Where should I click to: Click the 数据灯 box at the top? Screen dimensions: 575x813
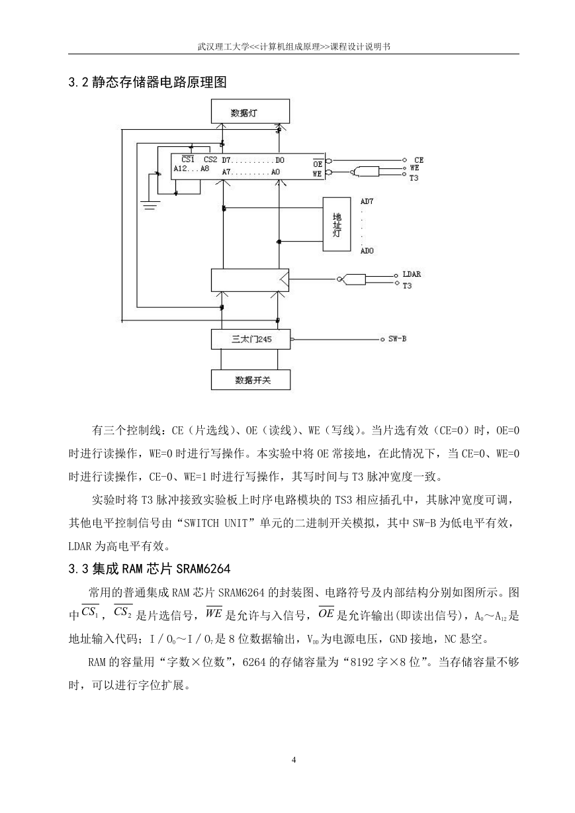tap(250, 111)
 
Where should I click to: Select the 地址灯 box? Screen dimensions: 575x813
tap(337, 224)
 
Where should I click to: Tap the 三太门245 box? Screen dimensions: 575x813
tap(251, 340)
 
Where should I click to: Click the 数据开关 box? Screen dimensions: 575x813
tap(251, 380)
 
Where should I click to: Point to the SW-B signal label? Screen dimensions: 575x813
tap(397, 338)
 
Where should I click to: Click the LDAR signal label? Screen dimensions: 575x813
tap(412, 274)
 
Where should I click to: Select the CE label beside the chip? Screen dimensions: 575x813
tap(419, 160)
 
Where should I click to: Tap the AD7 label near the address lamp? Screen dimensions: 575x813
tap(367, 201)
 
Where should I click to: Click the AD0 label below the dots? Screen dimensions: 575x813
tap(367, 250)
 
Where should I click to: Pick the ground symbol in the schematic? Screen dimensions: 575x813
tap(150, 205)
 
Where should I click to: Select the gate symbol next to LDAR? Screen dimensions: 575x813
tap(351, 279)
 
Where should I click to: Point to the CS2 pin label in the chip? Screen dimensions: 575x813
tap(210, 160)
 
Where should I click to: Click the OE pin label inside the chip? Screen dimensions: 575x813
tap(318, 164)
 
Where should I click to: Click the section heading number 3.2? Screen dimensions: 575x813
tap(78, 82)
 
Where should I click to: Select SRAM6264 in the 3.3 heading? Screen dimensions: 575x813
tap(202, 569)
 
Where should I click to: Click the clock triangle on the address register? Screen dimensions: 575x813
tap(285, 279)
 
